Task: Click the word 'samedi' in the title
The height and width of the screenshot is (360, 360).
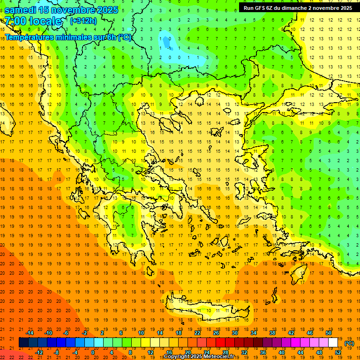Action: click(20, 10)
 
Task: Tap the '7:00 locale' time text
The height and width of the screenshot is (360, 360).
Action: click(33, 21)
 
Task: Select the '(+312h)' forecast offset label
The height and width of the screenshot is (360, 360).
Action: click(83, 21)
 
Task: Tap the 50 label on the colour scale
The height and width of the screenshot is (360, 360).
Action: click(329, 333)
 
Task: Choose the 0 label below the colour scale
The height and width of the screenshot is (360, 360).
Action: click(92, 352)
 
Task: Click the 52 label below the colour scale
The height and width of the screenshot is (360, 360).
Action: click(338, 352)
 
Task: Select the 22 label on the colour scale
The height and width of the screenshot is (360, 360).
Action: click(197, 333)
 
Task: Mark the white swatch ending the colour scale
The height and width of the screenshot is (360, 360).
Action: click(333, 343)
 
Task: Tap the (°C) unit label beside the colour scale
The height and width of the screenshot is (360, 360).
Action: click(349, 343)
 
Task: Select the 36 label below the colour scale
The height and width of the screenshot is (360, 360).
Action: click(263, 352)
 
